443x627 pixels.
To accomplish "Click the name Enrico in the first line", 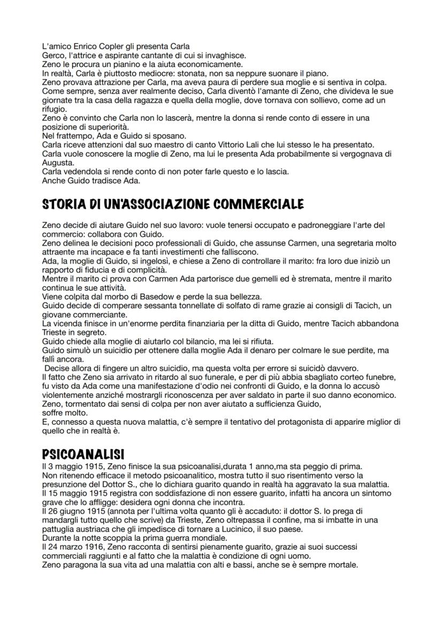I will (80, 47).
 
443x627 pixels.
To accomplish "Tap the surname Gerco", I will (54, 55).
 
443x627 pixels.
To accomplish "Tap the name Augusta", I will (57, 162).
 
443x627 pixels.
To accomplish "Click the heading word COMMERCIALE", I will (258, 204).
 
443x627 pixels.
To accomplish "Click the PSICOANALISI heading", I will (83, 454).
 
